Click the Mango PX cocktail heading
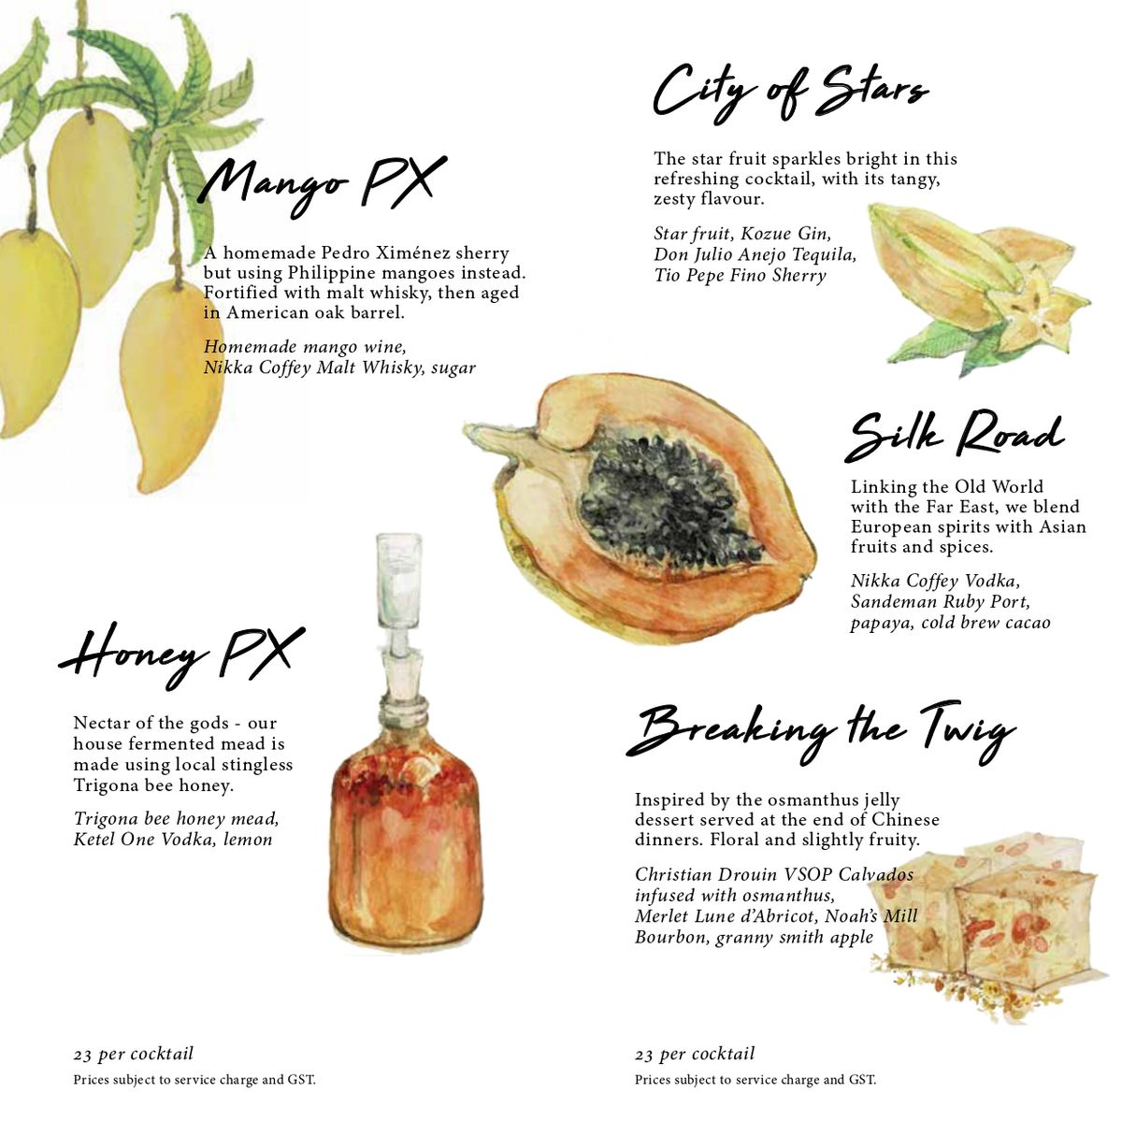coord(322,185)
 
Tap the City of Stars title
coord(790,94)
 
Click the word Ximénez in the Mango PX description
coord(412,252)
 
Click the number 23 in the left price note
coord(82,1055)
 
